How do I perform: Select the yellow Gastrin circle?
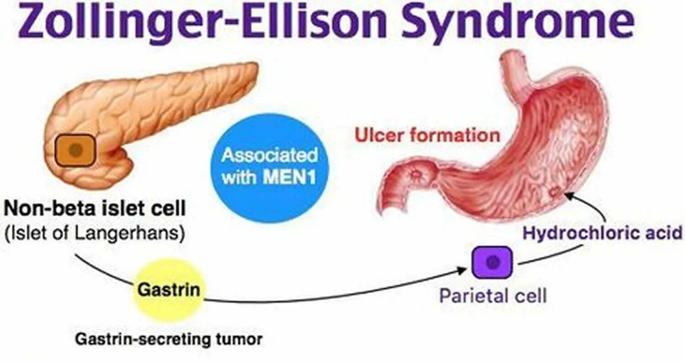pos(169,290)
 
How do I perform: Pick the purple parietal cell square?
pos(492,262)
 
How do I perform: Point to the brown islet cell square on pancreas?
pos(76,149)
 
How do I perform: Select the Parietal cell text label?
pos(492,296)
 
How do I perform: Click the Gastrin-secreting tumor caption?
pos(169,339)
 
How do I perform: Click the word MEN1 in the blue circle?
pos(290,177)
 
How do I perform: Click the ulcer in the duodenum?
pos(416,174)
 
